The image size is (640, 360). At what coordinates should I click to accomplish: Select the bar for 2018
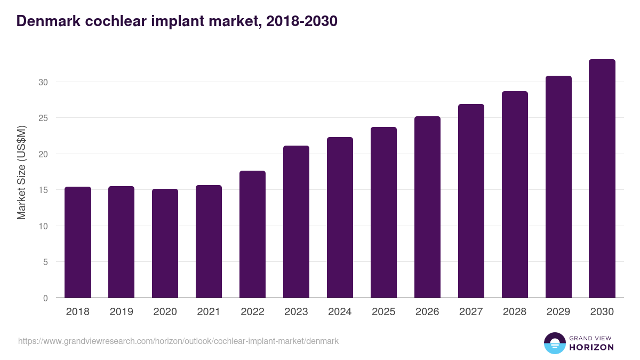pyautogui.click(x=78, y=243)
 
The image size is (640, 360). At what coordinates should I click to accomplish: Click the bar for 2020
pyautogui.click(x=165, y=244)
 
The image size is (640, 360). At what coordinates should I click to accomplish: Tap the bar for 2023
pyautogui.click(x=297, y=222)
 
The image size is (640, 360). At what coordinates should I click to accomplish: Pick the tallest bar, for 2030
pyautogui.click(x=602, y=179)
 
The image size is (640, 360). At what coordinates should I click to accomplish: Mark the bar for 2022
pyautogui.click(x=253, y=235)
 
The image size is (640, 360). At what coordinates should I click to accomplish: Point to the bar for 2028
pyautogui.click(x=515, y=195)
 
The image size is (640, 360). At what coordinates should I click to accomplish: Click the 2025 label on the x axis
pyautogui.click(x=384, y=312)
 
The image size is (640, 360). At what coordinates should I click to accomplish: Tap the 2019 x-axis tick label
pyautogui.click(x=122, y=312)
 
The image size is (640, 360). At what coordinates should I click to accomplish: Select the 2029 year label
pyautogui.click(x=558, y=312)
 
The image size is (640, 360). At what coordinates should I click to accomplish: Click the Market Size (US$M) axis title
pyautogui.click(x=21, y=172)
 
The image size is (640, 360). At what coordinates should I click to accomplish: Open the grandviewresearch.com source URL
pyautogui.click(x=179, y=341)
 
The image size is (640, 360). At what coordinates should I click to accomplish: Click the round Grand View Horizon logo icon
pyautogui.click(x=555, y=343)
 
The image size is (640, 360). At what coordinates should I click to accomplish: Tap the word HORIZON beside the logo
pyautogui.click(x=591, y=347)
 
